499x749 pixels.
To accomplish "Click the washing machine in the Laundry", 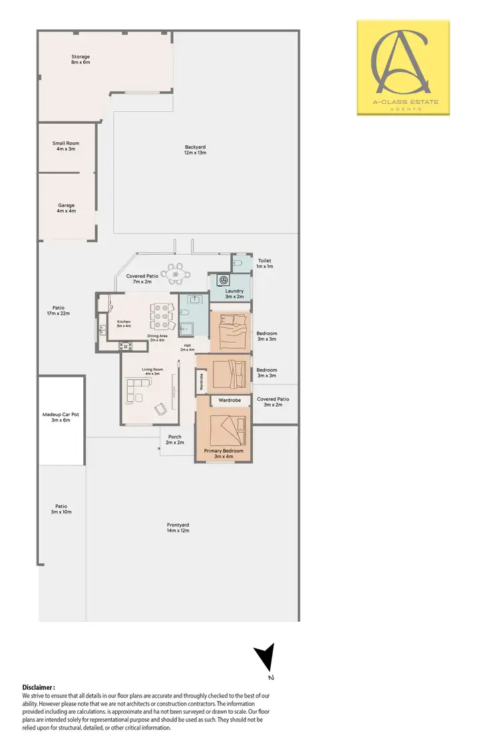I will pos(224,280).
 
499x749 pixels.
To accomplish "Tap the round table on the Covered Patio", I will pos(178,274).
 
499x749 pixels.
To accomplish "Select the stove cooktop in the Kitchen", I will pos(124,345).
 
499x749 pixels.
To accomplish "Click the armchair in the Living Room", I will pos(161,409).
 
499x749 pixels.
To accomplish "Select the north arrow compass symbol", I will pos(265,659).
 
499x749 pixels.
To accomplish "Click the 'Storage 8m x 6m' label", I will pos(81,59).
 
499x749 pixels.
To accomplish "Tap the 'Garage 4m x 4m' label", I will pos(66,208).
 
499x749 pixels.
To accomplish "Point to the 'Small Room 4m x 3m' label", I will pos(66,146).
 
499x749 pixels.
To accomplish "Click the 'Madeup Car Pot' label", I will pos(61,417).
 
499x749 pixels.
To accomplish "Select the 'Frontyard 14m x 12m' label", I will pos(178,527).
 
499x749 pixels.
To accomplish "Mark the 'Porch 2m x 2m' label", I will pos(174,439).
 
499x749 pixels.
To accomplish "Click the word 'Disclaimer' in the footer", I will pos(38,687).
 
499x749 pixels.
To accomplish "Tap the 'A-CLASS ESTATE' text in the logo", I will pos(403,102).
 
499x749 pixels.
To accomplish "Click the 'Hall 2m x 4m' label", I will pos(188,347).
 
